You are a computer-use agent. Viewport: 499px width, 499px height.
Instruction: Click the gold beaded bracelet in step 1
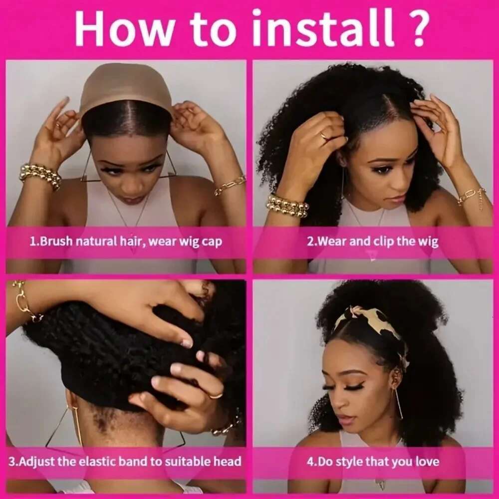click(x=40, y=176)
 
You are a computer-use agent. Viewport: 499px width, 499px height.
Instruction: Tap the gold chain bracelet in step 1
click(x=230, y=186)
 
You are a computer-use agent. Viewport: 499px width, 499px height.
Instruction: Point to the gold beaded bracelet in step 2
click(x=287, y=205)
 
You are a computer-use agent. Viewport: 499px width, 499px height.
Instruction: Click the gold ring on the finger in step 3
click(x=216, y=395)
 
